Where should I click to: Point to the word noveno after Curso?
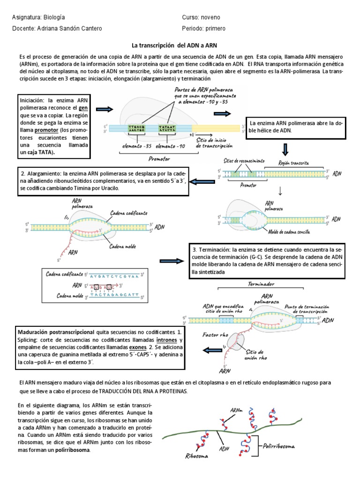(209, 17)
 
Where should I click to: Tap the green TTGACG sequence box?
(136, 128)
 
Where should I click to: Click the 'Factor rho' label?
(215, 335)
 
